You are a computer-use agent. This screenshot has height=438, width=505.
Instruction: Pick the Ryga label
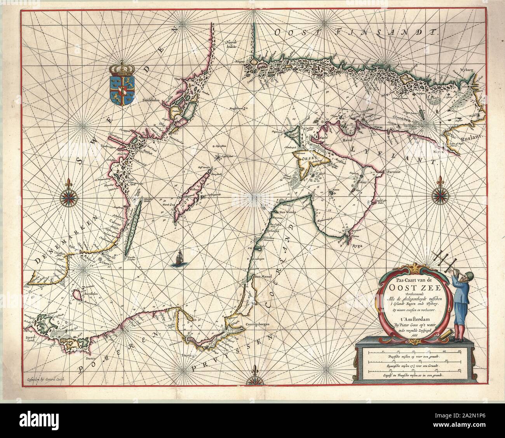(354, 245)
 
